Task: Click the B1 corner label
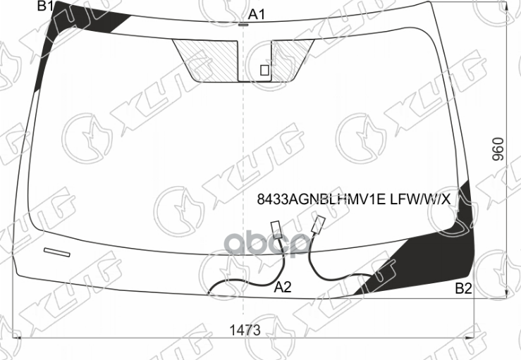[x=46, y=7]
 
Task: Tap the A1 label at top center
[x=257, y=14]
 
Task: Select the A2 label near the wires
[x=283, y=287]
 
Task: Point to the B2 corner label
[x=463, y=287]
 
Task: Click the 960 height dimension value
[x=498, y=149]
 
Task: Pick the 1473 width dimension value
[x=244, y=330]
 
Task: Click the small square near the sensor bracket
[x=264, y=70]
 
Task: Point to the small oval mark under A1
[x=243, y=25]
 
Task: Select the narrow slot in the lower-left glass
[x=57, y=252]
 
